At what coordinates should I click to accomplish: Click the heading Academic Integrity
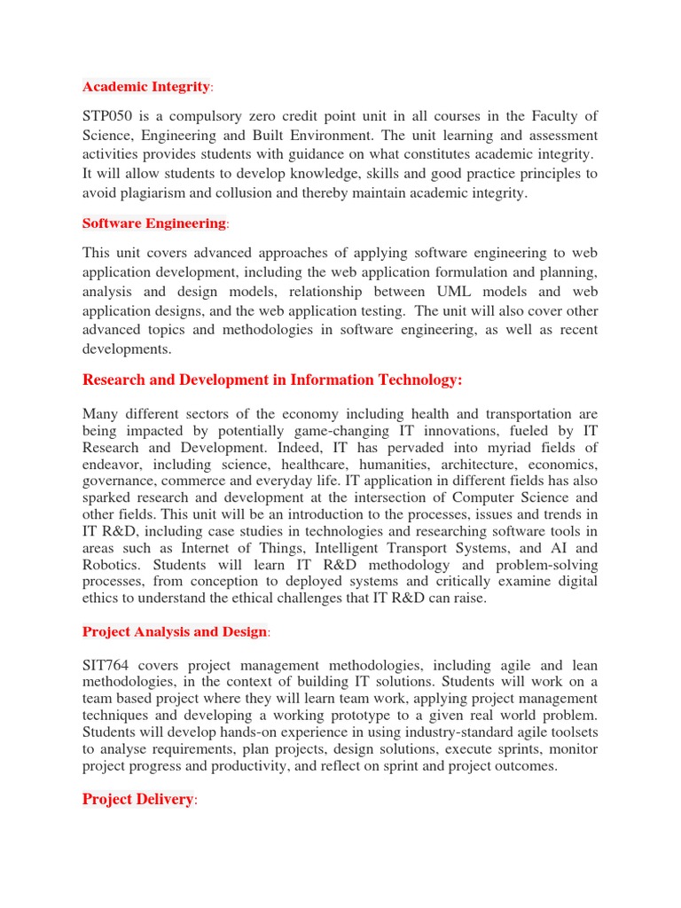tap(146, 86)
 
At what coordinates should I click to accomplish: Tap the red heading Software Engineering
tap(153, 223)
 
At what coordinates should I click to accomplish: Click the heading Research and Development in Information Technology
tap(272, 380)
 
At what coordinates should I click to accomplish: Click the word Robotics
tap(113, 565)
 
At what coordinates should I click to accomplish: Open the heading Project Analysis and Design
tap(174, 631)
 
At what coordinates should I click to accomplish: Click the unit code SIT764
tap(110, 665)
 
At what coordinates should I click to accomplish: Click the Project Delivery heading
tap(137, 799)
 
